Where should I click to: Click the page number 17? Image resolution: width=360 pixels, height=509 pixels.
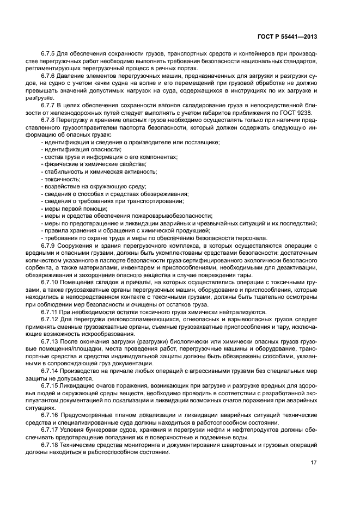click(x=313, y=463)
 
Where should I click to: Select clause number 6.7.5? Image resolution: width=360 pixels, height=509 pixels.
click(x=48, y=54)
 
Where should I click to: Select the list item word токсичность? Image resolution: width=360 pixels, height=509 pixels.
click(x=62, y=179)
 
